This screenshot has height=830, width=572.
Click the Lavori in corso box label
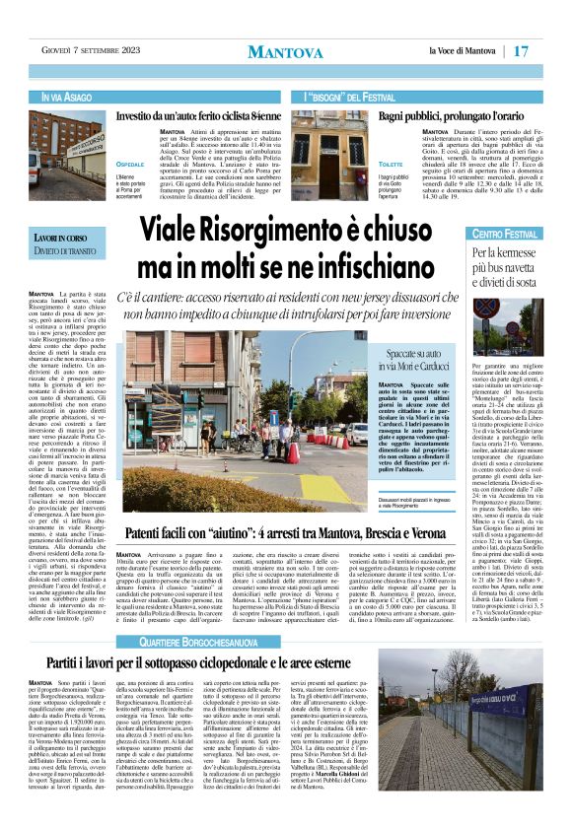pos(64,242)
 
